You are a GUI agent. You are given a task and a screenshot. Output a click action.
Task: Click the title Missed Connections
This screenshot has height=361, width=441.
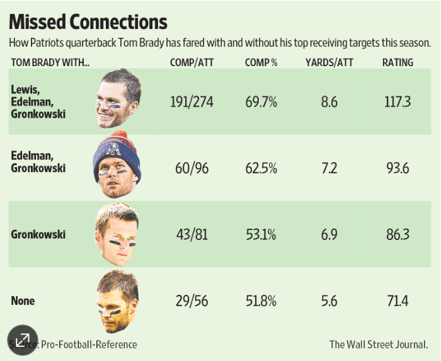click(88, 22)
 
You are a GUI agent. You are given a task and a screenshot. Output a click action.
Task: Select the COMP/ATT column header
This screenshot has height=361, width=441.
click(191, 63)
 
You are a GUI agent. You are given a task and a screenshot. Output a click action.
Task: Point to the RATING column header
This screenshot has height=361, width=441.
click(398, 63)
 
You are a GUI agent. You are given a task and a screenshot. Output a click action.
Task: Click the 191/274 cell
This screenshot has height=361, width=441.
click(192, 102)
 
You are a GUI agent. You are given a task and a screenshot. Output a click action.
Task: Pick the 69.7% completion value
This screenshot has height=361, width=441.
click(261, 102)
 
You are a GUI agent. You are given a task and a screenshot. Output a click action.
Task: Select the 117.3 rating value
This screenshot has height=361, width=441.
click(398, 102)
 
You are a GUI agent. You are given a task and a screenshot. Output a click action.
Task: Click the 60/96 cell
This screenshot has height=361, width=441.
click(192, 168)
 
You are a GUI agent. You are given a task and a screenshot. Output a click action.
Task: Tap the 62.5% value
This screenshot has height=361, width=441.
click(261, 168)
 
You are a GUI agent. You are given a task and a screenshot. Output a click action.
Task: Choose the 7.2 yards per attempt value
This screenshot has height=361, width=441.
click(329, 168)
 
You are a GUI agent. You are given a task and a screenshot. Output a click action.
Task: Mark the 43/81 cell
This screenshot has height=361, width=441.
click(192, 234)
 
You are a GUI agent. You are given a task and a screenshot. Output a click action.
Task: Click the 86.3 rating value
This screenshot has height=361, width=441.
click(398, 234)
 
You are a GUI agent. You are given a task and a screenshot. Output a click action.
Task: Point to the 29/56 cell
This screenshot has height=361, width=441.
click(192, 301)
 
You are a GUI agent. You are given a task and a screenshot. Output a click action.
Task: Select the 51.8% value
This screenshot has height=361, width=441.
click(261, 301)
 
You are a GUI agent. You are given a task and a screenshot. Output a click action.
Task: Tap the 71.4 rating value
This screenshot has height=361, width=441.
click(398, 301)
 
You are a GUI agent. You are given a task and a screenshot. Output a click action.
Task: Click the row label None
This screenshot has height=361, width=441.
click(23, 301)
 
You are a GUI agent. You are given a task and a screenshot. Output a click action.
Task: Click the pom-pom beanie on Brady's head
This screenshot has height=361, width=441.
click(117, 149)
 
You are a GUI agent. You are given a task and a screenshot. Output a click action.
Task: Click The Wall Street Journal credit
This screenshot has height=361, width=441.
click(378, 345)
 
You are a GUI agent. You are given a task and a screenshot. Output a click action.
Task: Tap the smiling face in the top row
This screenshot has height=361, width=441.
click(118, 101)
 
